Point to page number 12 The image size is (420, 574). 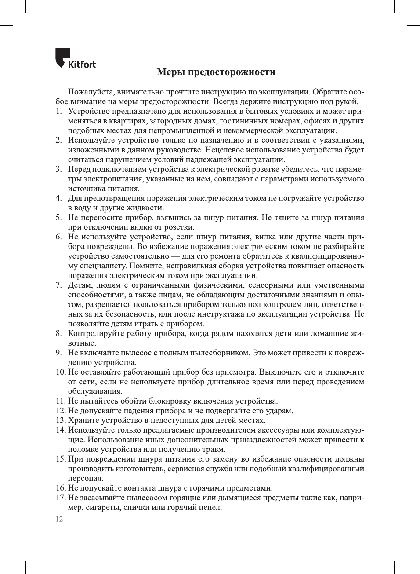coord(59,519)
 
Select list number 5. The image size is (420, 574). coord(58,218)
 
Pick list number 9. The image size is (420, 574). coord(58,353)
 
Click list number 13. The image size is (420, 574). coord(60,421)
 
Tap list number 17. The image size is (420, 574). coord(60,498)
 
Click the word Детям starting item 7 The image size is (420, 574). coord(79,285)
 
